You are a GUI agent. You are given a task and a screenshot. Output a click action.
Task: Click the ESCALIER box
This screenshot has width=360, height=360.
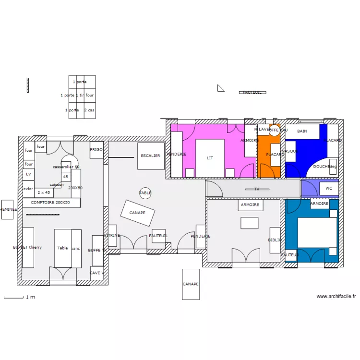pyautogui.click(x=151, y=156)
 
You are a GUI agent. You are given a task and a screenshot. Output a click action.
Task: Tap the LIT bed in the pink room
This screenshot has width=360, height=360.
pyautogui.click(x=210, y=158)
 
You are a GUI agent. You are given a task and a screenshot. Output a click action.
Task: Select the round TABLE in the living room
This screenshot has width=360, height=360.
pyautogui.click(x=145, y=193)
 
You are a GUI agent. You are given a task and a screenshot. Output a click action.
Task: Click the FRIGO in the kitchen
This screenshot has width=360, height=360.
pyautogui.click(x=96, y=150)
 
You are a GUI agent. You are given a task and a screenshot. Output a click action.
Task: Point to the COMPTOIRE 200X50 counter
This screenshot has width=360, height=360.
pyautogui.click(x=51, y=203)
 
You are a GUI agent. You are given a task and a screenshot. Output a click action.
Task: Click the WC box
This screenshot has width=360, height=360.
pyautogui.click(x=329, y=188)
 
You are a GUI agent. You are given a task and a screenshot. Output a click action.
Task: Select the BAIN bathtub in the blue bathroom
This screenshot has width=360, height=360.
pyautogui.click(x=302, y=132)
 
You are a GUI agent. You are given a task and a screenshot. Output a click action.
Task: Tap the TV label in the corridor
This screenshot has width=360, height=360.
pyautogui.click(x=257, y=189)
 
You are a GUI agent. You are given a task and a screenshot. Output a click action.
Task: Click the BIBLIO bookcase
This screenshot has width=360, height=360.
pyautogui.click(x=275, y=240)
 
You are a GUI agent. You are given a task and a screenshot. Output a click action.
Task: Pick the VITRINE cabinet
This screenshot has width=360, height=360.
pyautogui.click(x=112, y=236)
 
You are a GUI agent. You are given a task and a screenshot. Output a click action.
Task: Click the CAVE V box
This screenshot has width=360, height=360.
pyautogui.click(x=96, y=273)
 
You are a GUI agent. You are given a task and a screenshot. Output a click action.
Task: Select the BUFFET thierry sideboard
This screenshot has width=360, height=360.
pyautogui.click(x=28, y=247)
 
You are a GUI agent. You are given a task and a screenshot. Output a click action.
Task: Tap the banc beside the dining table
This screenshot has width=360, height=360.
pyautogui.click(x=76, y=248)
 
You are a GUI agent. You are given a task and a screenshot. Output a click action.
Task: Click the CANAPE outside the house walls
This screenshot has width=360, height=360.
pyautogui.click(x=191, y=284)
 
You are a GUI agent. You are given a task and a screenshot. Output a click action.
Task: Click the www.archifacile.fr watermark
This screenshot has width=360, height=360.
pyautogui.click(x=336, y=297)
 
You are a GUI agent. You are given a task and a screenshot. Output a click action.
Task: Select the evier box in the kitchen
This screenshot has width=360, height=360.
pyautogui.click(x=28, y=189)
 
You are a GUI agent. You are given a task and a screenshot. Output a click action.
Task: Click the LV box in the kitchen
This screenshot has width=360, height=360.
pyautogui.click(x=28, y=174)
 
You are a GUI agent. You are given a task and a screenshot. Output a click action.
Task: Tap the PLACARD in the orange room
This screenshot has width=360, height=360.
pyautogui.click(x=276, y=155)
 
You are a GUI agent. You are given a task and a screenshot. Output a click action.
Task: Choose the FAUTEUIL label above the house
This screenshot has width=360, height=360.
pyautogui.click(x=252, y=92)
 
